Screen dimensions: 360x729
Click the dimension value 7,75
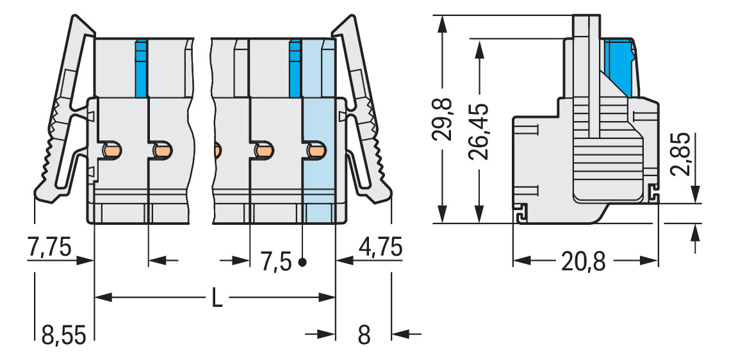point(49,247)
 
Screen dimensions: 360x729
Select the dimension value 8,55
point(63,334)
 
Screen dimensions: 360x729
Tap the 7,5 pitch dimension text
point(276,261)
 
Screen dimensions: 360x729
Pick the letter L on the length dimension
point(217,298)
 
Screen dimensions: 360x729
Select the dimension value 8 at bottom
point(364,334)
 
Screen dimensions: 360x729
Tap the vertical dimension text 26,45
point(479,130)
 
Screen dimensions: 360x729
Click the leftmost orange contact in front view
point(112,151)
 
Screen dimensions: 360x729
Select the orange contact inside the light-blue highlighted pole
point(315,151)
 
